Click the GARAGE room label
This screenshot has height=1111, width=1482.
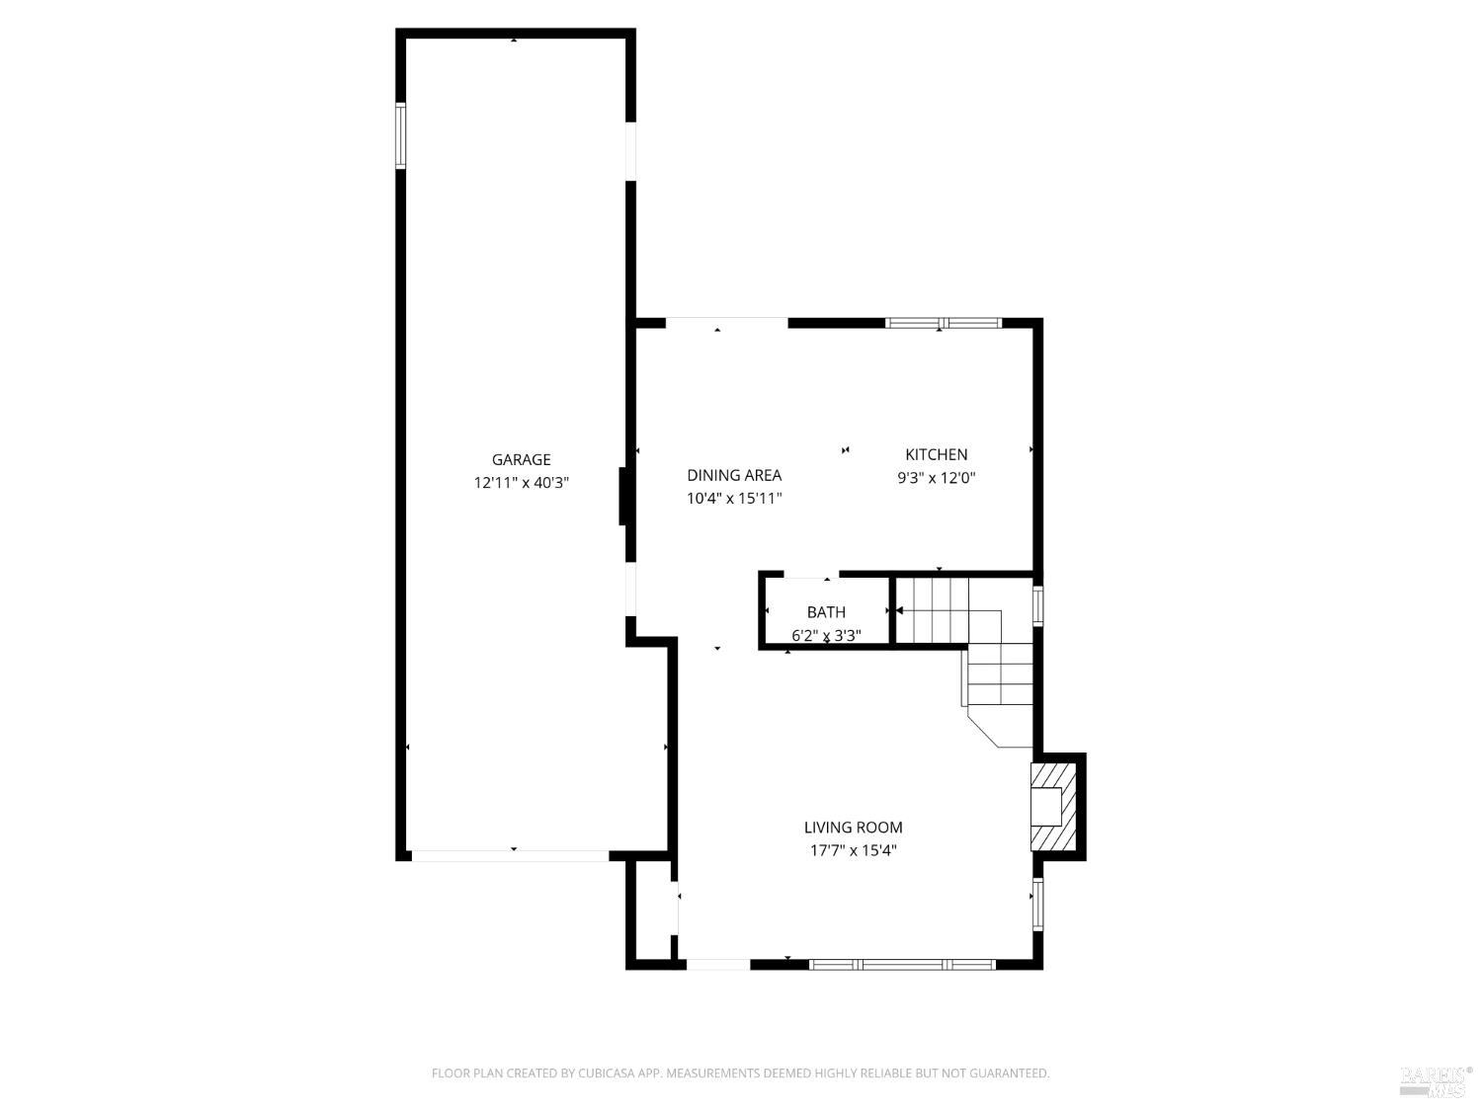pos(521,459)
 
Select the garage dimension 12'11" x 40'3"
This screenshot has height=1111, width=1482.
pos(521,483)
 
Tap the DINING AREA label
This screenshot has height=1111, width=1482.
pos(734,475)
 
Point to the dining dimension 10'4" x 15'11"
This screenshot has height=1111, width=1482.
pos(734,499)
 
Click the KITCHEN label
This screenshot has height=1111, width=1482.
pos(936,454)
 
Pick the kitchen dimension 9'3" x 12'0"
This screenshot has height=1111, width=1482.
pos(936,478)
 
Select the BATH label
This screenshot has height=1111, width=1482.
pos(826,612)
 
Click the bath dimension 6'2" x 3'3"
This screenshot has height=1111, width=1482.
pos(826,636)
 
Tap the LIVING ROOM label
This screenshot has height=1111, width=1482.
pos(853,828)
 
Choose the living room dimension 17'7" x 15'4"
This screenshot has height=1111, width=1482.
pos(853,850)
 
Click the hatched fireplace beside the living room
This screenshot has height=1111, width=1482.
pos(1052,806)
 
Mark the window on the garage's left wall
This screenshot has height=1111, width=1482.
pos(401,135)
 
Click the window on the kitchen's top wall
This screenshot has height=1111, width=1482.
pos(944,323)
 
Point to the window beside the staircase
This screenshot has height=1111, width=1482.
pos(1037,606)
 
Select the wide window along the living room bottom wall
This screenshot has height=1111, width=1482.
pos(902,964)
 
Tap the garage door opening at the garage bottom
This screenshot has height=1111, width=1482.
pos(510,856)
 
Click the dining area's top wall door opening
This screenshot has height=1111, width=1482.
pos(726,321)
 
